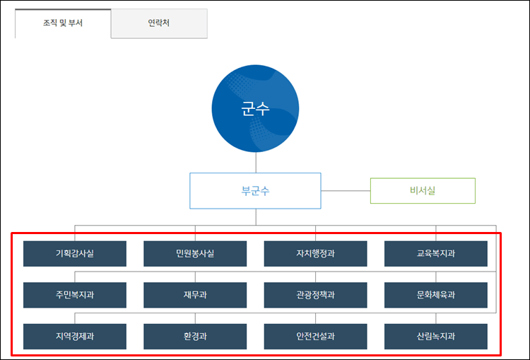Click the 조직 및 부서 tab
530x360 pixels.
(x=63, y=23)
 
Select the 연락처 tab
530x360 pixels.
(x=159, y=23)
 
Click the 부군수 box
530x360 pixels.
(x=255, y=191)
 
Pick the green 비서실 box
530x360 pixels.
(x=423, y=191)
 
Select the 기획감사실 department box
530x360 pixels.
(x=74, y=254)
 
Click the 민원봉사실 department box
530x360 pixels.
(x=195, y=254)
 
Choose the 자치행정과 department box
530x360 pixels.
(x=315, y=254)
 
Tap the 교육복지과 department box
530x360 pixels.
(x=436, y=254)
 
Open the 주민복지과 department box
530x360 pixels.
(x=74, y=295)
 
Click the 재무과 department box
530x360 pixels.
(x=195, y=295)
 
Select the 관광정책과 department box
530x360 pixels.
(x=315, y=295)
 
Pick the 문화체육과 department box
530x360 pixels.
(x=436, y=295)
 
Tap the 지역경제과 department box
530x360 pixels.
(x=74, y=337)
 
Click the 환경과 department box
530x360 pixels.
(x=195, y=337)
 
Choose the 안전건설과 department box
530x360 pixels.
(x=315, y=337)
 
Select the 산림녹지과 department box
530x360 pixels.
(x=436, y=337)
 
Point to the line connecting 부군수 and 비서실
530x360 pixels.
(x=346, y=191)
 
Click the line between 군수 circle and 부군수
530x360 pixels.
(x=255, y=163)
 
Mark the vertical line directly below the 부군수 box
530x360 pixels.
(x=255, y=217)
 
